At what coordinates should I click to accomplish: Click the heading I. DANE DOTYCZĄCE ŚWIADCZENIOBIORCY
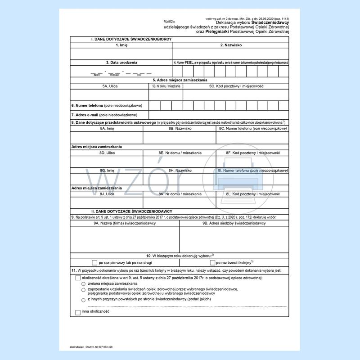(x=131, y=40)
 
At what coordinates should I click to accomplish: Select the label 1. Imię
(x=121, y=45)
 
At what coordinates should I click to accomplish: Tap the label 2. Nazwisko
(x=230, y=45)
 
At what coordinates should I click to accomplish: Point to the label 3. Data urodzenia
(x=122, y=62)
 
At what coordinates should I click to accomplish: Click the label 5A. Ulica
(x=110, y=85)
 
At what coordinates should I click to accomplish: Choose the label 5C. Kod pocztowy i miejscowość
(x=236, y=85)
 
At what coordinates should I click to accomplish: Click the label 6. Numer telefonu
(x=107, y=105)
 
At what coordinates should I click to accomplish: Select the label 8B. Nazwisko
(x=180, y=128)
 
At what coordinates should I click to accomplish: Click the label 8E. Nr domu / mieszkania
(x=180, y=153)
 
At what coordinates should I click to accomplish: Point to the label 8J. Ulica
(x=107, y=193)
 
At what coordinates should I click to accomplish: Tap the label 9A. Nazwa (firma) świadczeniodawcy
(x=125, y=223)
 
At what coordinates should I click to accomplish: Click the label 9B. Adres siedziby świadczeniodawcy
(x=234, y=223)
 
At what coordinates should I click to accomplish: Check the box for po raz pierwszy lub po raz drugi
(x=94, y=262)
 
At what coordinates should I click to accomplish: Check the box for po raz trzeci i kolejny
(x=212, y=262)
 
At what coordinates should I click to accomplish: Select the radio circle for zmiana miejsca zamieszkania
(x=83, y=284)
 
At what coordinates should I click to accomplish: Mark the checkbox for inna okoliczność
(x=78, y=312)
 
